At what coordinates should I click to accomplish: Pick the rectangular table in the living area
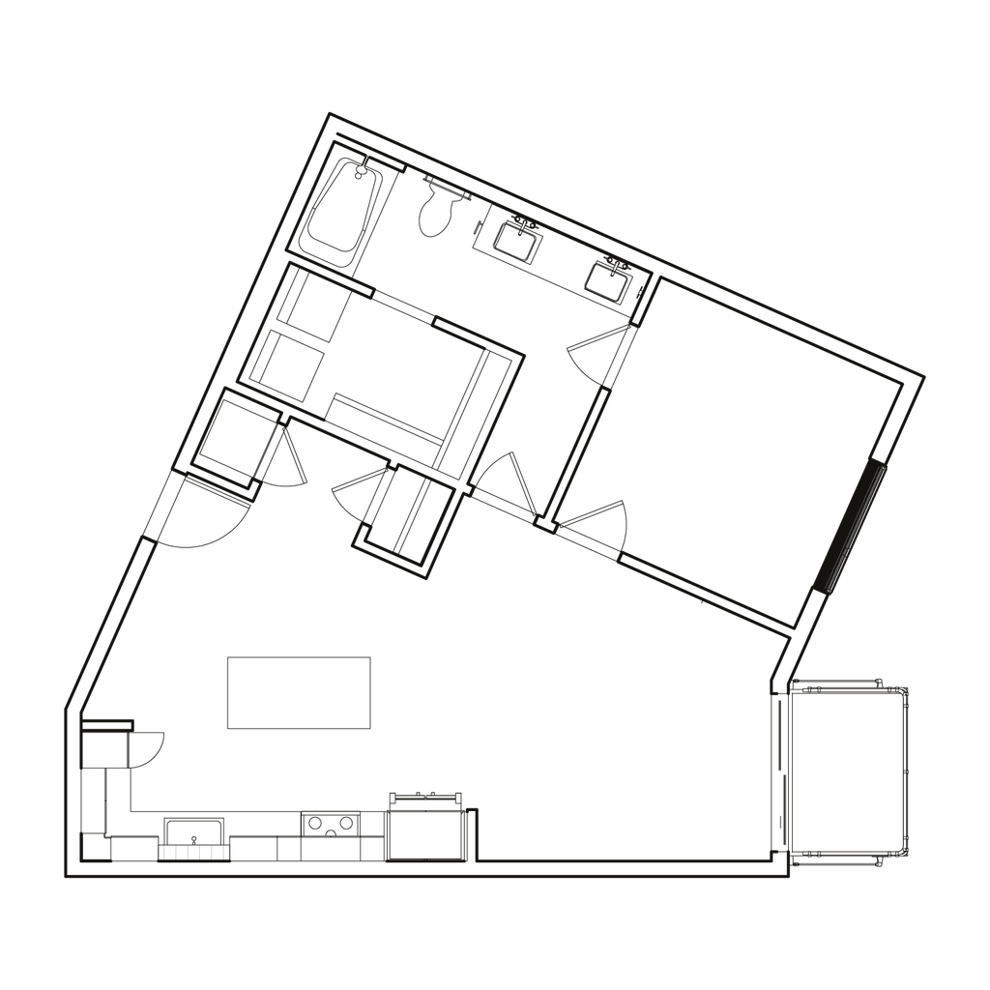point(299,692)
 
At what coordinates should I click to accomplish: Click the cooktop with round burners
point(332,825)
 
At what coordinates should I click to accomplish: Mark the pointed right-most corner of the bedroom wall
point(924,378)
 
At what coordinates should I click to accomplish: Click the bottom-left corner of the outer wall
point(66,878)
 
